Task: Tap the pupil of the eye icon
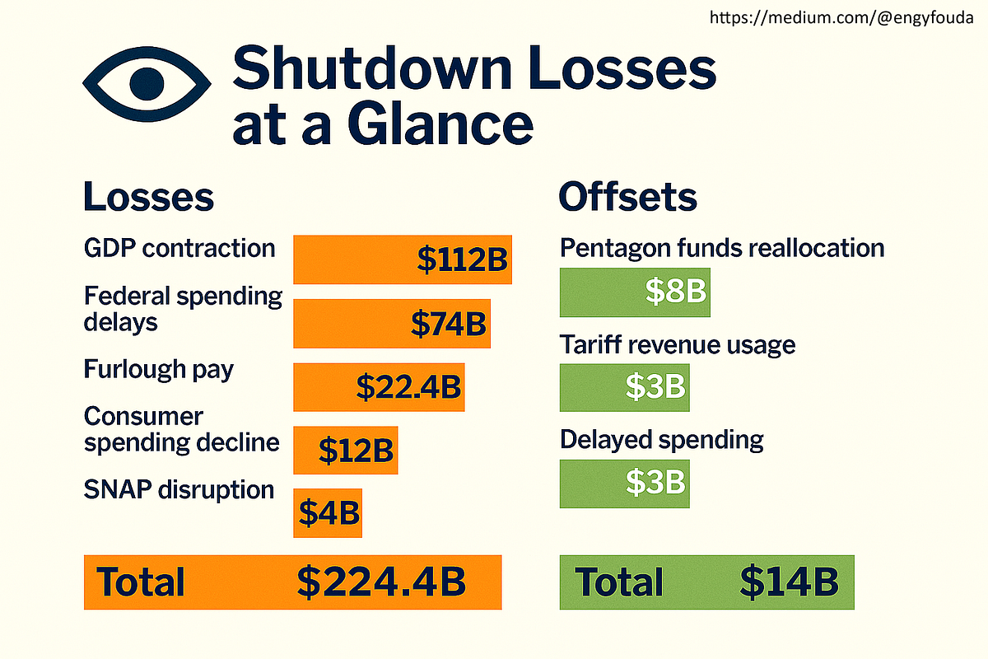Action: click(x=147, y=84)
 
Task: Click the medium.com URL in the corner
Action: click(x=841, y=17)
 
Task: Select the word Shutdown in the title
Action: click(x=372, y=69)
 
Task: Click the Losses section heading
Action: click(x=149, y=197)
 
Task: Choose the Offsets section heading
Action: click(x=627, y=197)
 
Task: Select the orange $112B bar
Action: click(x=403, y=259)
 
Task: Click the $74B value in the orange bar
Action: click(x=449, y=324)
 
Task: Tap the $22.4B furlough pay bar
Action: click(x=379, y=387)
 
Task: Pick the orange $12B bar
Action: click(x=345, y=451)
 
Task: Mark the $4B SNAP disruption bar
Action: click(x=328, y=513)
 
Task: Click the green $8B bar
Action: click(x=635, y=292)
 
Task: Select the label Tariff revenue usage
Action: click(x=678, y=344)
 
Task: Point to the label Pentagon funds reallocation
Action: click(x=722, y=249)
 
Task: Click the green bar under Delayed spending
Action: click(x=625, y=484)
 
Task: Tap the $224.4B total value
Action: click(x=381, y=582)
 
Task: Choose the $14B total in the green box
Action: click(x=789, y=582)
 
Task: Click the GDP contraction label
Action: click(x=179, y=249)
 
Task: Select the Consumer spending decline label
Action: click(x=181, y=430)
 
